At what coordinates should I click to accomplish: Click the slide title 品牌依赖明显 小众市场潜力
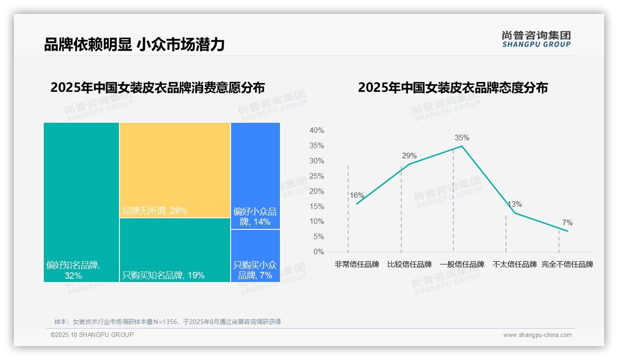[134, 45]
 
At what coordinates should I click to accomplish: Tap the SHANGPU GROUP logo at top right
[536, 39]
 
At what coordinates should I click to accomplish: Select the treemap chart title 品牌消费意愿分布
[157, 88]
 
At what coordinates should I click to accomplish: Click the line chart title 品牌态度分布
[452, 88]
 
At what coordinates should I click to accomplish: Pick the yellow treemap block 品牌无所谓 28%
[175, 170]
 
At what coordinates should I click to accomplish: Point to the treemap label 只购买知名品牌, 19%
[163, 276]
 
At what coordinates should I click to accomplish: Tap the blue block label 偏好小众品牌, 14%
[255, 216]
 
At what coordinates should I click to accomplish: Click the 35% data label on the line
[462, 138]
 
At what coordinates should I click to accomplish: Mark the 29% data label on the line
[409, 156]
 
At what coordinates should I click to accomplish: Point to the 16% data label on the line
[357, 195]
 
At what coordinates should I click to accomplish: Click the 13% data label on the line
[515, 204]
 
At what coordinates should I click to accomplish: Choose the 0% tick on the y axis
[319, 252]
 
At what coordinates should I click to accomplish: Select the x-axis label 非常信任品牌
[357, 264]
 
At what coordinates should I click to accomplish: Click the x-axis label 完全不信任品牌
[567, 264]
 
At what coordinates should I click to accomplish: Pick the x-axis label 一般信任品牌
[462, 264]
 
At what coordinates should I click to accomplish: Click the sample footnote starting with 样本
[167, 322]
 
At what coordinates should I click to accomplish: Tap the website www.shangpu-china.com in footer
[537, 335]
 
